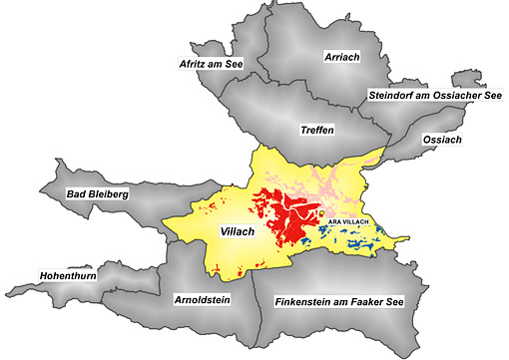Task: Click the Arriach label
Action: [x=342, y=58]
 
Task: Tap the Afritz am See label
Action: [x=211, y=63]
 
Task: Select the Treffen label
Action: [x=315, y=131]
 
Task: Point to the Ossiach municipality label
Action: [x=442, y=140]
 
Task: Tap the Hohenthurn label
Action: [x=67, y=274]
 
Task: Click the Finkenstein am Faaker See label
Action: [x=338, y=300]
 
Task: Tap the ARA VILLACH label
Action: [x=349, y=219]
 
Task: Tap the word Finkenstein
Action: [x=302, y=300]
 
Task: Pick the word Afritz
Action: [x=192, y=63]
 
